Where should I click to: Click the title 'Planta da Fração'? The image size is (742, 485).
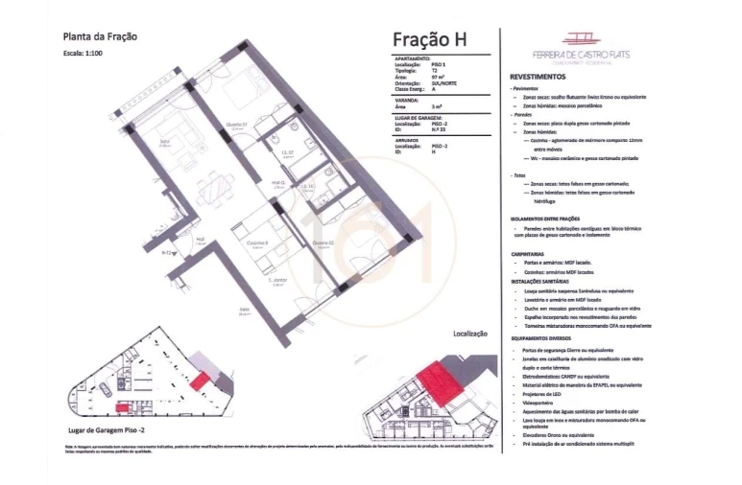100,37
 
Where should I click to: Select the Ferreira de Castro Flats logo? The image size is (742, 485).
576,48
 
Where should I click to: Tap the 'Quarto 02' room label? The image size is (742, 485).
322,242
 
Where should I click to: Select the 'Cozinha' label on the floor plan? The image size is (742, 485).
256,243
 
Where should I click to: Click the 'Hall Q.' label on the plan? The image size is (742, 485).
277,181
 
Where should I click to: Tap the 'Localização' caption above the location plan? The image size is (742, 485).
470,334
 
